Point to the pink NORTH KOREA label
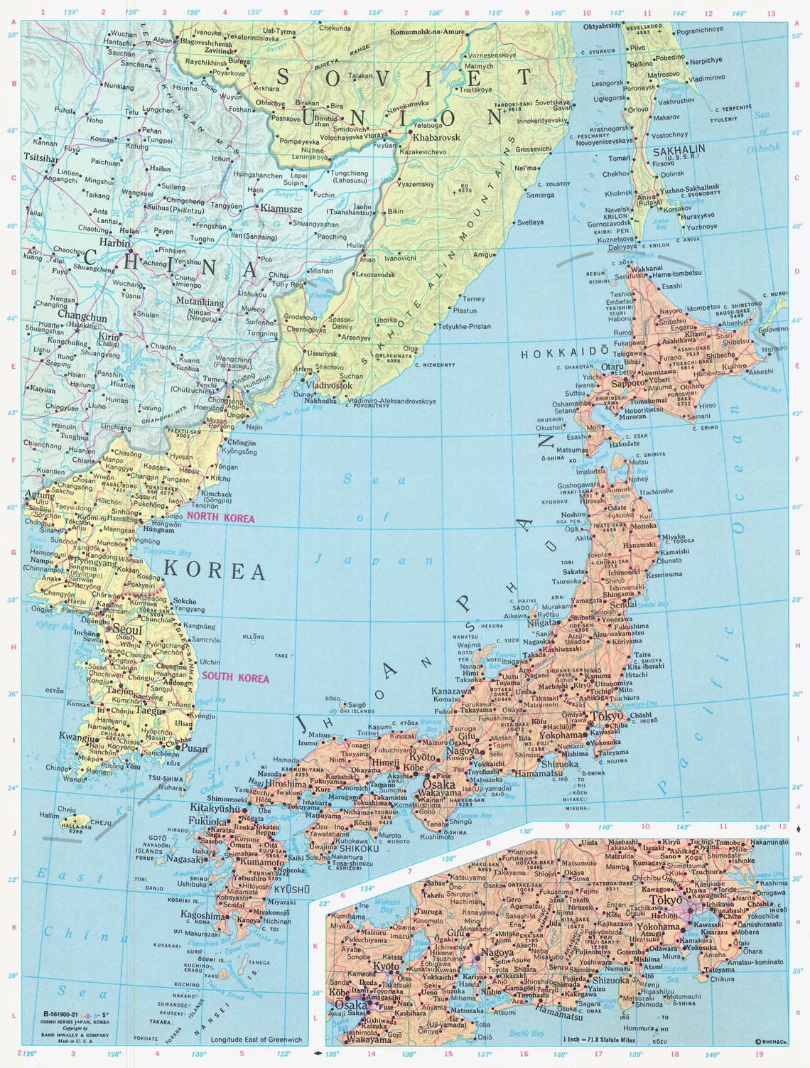tap(220, 519)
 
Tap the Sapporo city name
tap(627, 383)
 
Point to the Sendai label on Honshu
tap(628, 603)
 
